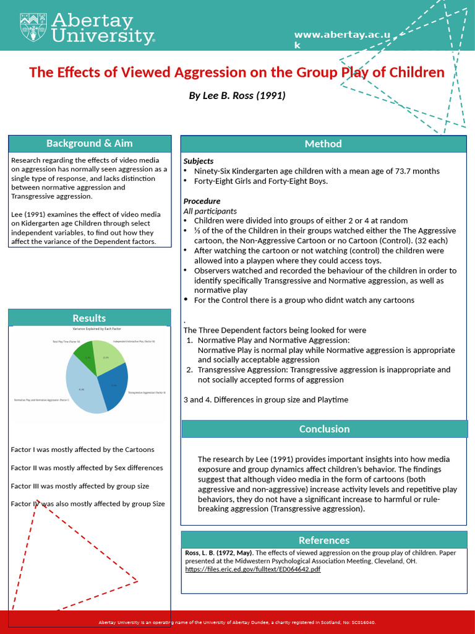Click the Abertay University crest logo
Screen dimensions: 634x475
[31, 27]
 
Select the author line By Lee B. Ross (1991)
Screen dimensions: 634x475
[237, 96]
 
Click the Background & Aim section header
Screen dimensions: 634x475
[90, 143]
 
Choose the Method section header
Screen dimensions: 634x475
[323, 144]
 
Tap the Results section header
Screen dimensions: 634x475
[89, 318]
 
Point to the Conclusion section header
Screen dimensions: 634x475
[324, 428]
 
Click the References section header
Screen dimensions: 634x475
[324, 540]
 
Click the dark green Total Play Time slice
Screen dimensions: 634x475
[85, 355]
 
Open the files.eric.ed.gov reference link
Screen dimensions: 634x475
[252, 569]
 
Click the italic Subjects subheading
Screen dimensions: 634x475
[199, 161]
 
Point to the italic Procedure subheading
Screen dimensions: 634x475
[202, 201]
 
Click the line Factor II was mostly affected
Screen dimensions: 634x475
[87, 468]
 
